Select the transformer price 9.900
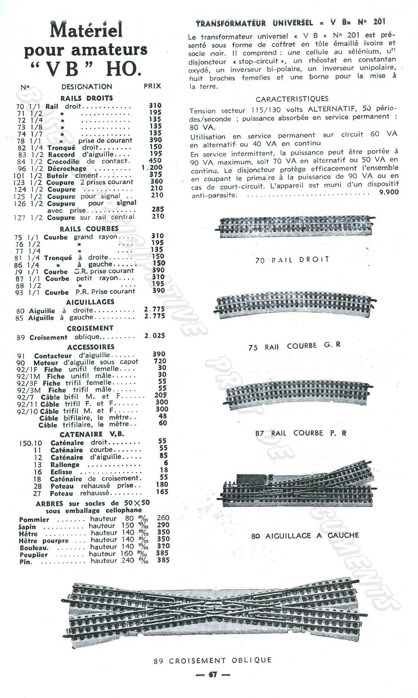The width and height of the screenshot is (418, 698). (x=389, y=192)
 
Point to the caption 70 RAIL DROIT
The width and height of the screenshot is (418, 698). (x=292, y=260)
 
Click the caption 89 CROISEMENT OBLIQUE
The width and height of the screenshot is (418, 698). (x=213, y=660)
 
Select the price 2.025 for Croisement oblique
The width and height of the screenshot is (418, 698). (x=155, y=336)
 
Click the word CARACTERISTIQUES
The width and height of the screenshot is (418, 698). (x=292, y=99)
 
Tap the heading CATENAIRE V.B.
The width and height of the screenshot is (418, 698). (x=92, y=434)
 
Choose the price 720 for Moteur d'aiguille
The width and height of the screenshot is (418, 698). (x=160, y=361)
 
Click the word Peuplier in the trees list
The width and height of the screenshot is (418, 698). (x=34, y=555)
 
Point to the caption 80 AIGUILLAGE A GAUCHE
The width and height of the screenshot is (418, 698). (x=305, y=536)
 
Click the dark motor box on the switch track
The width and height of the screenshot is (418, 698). (x=251, y=479)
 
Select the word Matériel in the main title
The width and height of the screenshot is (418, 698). (x=86, y=31)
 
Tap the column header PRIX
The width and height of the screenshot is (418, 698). (x=152, y=86)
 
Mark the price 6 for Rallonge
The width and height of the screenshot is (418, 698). (x=166, y=463)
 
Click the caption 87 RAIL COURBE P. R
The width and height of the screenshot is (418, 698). (x=301, y=433)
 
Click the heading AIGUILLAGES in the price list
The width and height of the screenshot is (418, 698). (x=90, y=302)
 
